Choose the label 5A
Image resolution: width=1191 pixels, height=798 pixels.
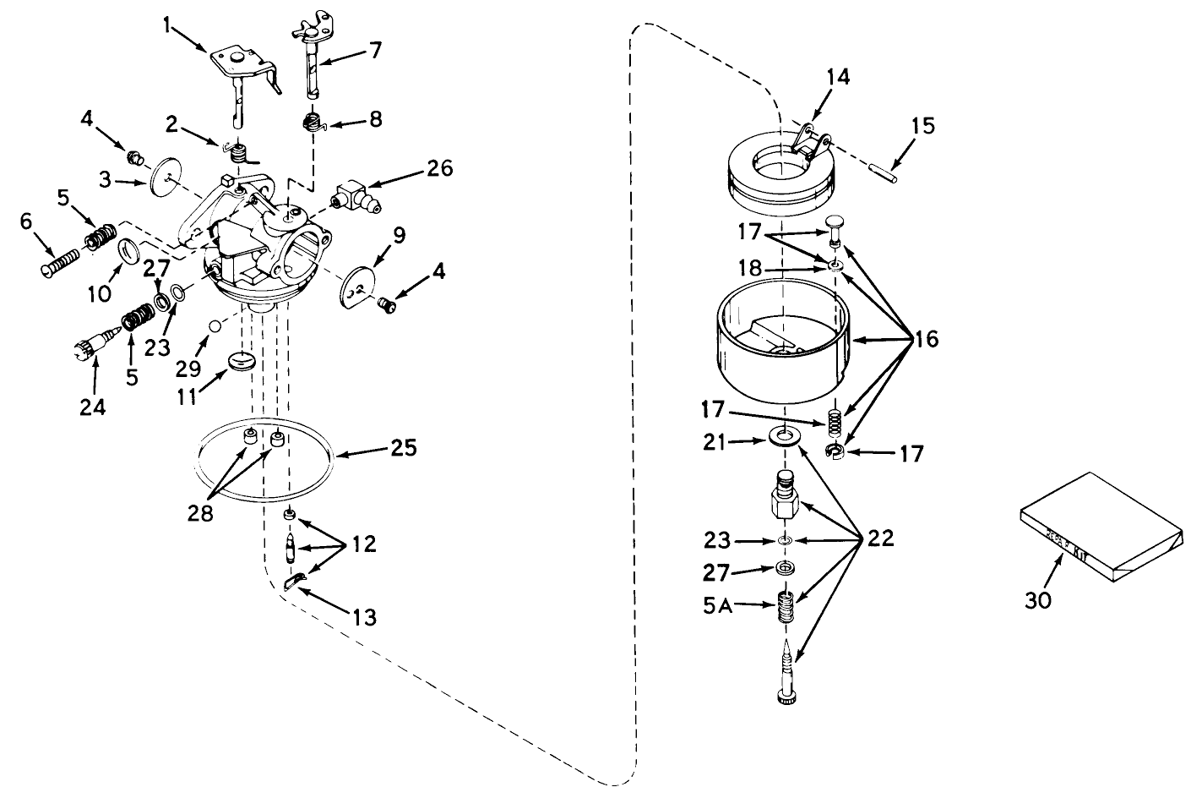719,605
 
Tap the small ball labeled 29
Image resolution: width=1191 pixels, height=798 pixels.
216,327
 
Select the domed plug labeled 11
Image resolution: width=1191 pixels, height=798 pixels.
241,363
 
